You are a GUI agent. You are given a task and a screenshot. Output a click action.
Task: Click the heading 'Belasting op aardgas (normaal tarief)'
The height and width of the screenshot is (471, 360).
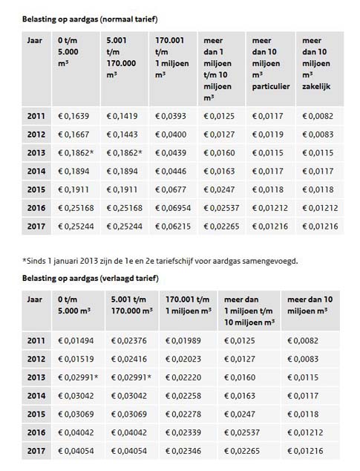click(90, 19)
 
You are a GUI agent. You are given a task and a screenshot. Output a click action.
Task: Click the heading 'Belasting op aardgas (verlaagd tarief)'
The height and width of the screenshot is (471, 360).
click(91, 279)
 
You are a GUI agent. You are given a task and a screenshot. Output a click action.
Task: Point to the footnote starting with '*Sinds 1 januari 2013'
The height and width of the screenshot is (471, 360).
click(160, 261)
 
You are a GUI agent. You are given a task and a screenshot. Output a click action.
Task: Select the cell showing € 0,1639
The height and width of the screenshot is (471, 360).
click(73, 116)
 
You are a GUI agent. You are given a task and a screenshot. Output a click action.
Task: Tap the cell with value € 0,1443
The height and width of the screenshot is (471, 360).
click(122, 134)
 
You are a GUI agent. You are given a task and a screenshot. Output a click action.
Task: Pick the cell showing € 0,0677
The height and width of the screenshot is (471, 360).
click(171, 190)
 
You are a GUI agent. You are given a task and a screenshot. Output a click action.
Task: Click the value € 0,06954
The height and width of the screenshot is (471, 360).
click(173, 208)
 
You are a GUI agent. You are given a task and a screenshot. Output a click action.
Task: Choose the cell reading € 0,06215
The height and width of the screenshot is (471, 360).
click(173, 227)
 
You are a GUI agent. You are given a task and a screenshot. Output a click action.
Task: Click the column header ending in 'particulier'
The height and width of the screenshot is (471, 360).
click(271, 63)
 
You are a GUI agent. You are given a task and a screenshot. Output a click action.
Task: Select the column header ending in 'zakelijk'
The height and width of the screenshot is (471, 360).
click(316, 63)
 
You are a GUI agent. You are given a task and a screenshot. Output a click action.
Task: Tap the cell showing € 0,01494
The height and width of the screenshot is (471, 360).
click(76, 341)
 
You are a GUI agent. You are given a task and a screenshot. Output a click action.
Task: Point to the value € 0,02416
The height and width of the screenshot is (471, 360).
click(129, 360)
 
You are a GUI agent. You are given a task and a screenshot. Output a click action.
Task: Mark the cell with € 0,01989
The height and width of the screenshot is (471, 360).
click(183, 341)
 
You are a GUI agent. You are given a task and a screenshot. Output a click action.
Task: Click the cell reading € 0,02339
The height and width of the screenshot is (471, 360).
click(183, 433)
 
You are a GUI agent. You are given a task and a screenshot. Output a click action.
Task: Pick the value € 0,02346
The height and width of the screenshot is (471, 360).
click(183, 451)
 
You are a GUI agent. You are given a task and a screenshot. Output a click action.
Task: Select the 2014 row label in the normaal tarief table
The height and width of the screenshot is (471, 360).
click(36, 172)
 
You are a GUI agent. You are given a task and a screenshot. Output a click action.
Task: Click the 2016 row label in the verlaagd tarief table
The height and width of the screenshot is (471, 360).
click(36, 433)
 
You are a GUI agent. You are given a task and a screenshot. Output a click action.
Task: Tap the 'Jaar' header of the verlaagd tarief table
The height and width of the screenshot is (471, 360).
click(35, 299)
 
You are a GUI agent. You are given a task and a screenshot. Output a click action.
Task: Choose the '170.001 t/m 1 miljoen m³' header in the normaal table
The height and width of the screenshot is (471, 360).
click(172, 58)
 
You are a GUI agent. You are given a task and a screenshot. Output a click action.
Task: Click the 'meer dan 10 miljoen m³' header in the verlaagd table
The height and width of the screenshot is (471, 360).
click(310, 305)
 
